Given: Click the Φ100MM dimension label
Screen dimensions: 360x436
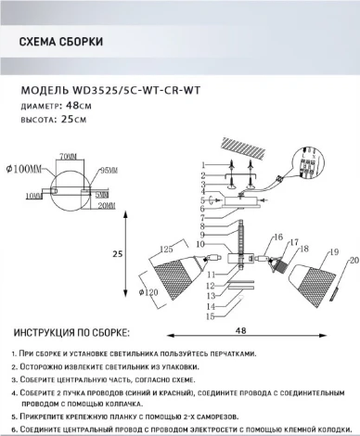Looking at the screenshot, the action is coord(23,169).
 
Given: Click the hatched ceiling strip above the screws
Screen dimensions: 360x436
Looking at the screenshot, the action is coord(244,142).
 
